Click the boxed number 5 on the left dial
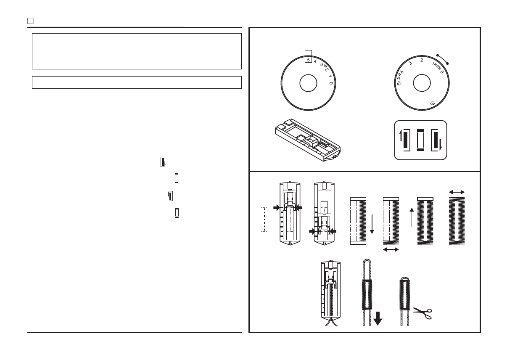click(x=309, y=60)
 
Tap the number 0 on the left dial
click(x=331, y=84)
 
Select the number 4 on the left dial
click(x=315, y=61)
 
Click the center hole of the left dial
click(x=308, y=84)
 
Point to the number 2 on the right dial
click(x=422, y=60)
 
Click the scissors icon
click(x=422, y=312)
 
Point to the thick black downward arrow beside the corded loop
click(x=378, y=319)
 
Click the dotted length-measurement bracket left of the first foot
click(x=264, y=219)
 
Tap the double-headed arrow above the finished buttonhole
click(x=457, y=192)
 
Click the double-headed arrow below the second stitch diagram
click(x=391, y=250)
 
